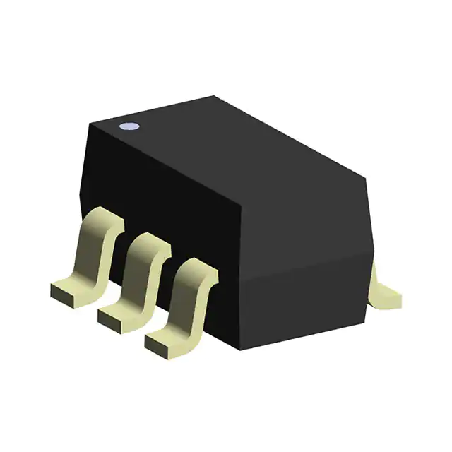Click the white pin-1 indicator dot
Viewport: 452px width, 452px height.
point(130,128)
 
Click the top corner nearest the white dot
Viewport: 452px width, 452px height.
point(90,124)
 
